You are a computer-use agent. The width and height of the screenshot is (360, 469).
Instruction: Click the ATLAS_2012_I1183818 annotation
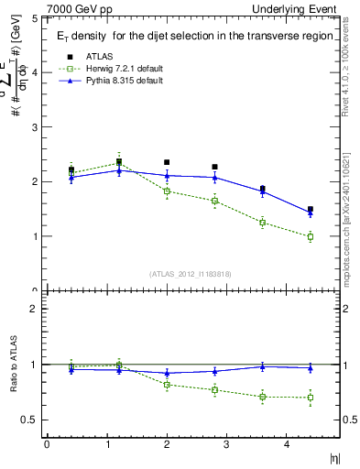coord(191,273)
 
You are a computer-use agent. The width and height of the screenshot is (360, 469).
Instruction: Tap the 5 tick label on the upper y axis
coord(35,18)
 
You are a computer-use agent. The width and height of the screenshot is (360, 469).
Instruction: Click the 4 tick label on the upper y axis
coord(35,72)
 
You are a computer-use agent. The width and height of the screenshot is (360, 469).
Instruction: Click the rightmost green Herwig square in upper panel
coord(311,236)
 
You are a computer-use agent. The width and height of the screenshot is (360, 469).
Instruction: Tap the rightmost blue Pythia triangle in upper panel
coord(311,213)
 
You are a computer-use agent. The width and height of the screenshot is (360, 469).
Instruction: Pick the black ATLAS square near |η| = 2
coord(167,162)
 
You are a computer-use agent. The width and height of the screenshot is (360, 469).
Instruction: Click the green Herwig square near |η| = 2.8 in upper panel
coord(214,201)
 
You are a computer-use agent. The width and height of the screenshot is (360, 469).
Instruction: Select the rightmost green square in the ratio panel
coord(311,398)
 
